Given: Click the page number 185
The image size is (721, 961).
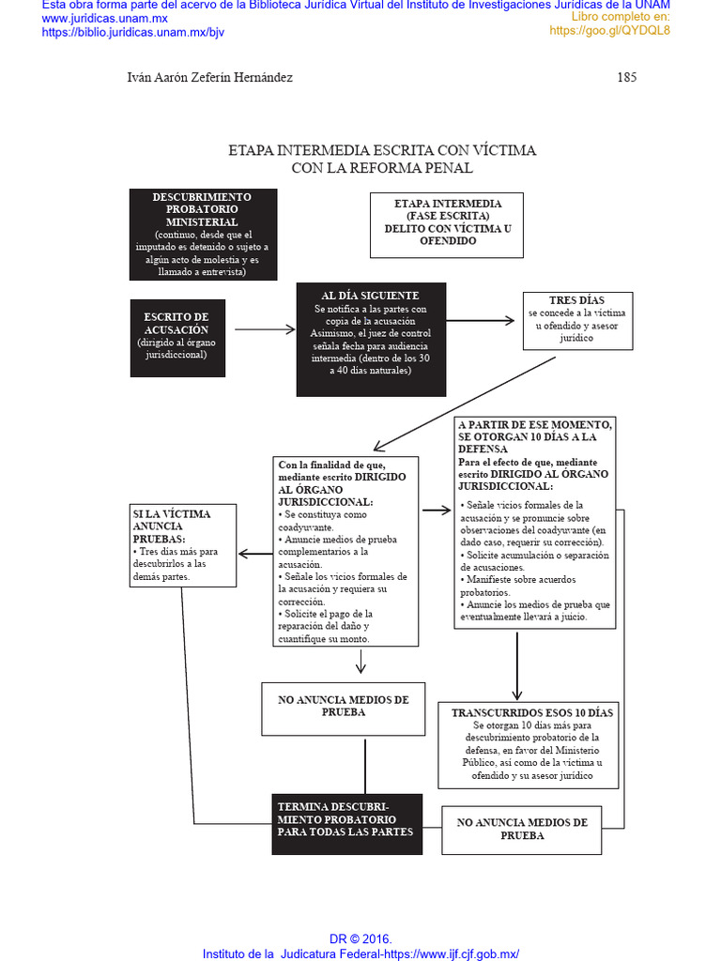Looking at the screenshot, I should coord(626,78).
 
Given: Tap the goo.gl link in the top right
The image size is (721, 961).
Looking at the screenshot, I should coord(609,31).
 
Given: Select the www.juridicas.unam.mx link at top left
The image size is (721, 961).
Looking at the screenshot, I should coord(104,19).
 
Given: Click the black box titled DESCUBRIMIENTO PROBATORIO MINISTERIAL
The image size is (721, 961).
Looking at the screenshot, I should coord(203,234).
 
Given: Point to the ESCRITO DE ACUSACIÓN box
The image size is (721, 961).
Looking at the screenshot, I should coord(177,336).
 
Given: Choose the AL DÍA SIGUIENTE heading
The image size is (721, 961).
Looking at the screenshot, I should coord(370,297).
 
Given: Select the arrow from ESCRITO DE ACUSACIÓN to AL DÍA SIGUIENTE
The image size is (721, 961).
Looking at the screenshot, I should coord(264,329).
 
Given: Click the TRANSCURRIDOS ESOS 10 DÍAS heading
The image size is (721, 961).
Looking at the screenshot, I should coord(531,713).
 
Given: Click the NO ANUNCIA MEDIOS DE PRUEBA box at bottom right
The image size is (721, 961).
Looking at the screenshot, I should coord(521,829).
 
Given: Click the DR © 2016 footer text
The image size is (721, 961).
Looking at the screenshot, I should coord(360,939).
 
